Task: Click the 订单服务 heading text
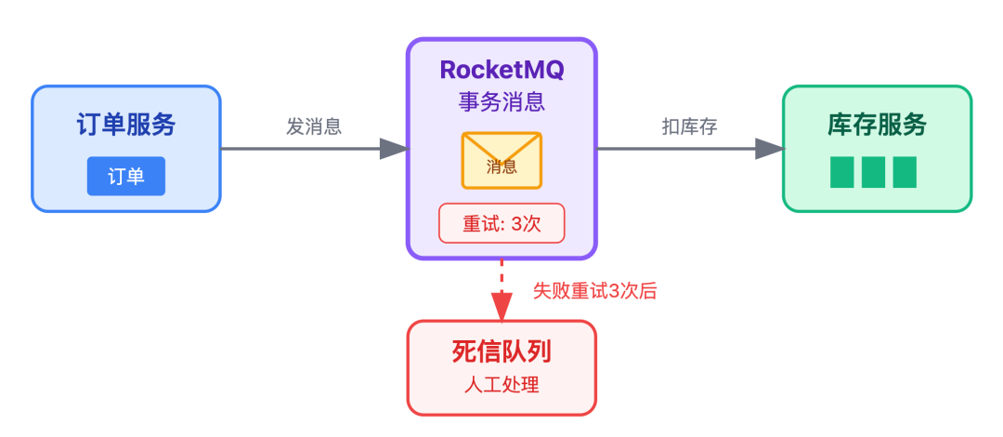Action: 126,126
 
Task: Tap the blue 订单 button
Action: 126,177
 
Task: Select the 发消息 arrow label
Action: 314,127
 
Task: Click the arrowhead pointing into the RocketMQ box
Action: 394,149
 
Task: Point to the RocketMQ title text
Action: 501,70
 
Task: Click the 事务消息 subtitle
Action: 501,101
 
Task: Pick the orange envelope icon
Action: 501,160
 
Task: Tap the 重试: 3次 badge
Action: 501,223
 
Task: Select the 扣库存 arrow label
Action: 689,127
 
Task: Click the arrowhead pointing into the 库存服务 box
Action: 769,149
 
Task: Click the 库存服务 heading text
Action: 877,126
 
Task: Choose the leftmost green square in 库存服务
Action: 842,172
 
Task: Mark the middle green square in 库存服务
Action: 873,172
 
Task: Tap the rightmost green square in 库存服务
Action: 905,172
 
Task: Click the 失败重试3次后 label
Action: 594,290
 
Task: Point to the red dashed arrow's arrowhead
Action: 501,308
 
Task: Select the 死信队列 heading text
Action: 501,351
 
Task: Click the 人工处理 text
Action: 501,384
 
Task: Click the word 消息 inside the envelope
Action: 501,167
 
